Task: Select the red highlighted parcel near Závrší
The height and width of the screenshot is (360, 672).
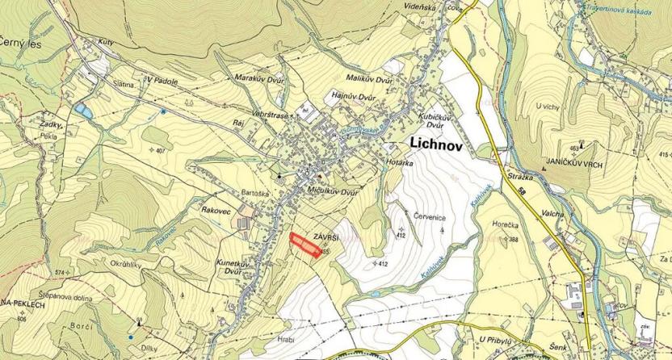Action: (305, 245)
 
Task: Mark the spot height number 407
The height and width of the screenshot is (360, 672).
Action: (158, 151)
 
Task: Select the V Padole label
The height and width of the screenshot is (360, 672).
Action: (162, 80)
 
